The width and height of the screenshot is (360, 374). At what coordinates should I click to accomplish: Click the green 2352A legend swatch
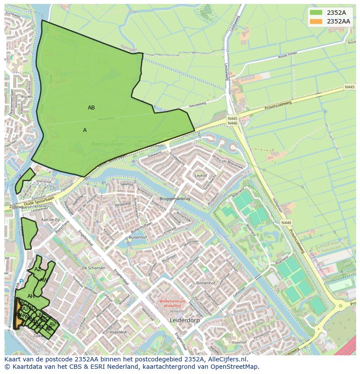pyautogui.click(x=316, y=13)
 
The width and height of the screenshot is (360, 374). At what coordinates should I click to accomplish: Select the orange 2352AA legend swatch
pyautogui.click(x=316, y=21)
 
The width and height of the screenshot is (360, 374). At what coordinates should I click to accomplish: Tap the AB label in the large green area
pyautogui.click(x=91, y=108)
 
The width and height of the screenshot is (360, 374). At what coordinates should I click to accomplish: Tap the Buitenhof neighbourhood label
pyautogui.click(x=138, y=238)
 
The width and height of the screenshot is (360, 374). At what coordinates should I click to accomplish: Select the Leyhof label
pyautogui.click(x=201, y=176)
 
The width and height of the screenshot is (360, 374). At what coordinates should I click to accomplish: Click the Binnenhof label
pyautogui.click(x=206, y=283)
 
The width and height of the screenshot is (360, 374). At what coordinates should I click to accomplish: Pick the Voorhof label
pyautogui.click(x=239, y=342)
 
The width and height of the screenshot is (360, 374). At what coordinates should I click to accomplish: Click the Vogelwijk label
pyautogui.click(x=118, y=332)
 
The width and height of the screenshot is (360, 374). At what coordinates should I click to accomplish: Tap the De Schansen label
pyautogui.click(x=93, y=268)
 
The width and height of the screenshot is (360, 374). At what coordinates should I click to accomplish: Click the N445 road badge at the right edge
pyautogui.click(x=350, y=87)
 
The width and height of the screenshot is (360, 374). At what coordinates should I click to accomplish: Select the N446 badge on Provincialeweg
pyautogui.click(x=286, y=223)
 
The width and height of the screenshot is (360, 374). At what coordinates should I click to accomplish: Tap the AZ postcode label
pyautogui.click(x=38, y=269)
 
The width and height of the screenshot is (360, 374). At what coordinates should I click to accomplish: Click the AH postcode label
pyautogui.click(x=31, y=296)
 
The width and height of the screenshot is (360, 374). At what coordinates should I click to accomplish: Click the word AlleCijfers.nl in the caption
pyautogui.click(x=228, y=360)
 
